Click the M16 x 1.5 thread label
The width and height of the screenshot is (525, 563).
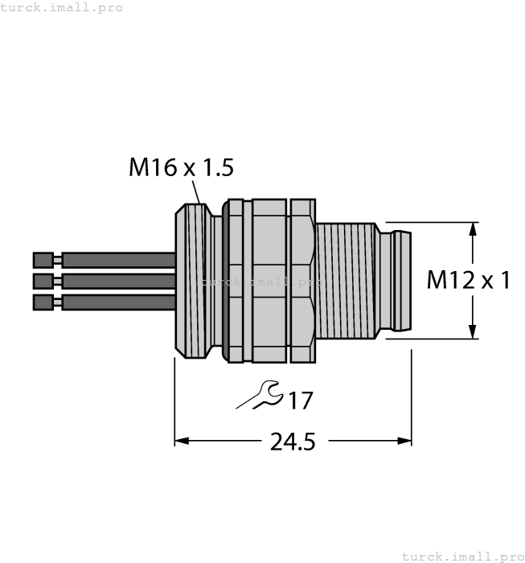pyautogui.click(x=181, y=167)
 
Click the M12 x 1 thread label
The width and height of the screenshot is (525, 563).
pyautogui.click(x=468, y=280)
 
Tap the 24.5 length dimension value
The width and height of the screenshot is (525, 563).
pyautogui.click(x=292, y=442)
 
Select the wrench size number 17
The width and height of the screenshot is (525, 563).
pyautogui.click(x=300, y=400)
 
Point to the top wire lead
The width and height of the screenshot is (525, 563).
pyautogui.click(x=118, y=260)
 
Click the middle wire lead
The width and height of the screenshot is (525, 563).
pyautogui.click(x=118, y=281)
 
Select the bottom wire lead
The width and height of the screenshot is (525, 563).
pyautogui.click(x=118, y=302)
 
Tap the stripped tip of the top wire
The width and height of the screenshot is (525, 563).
pyautogui.click(x=43, y=260)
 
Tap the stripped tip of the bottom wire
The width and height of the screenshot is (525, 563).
pyautogui.click(x=43, y=302)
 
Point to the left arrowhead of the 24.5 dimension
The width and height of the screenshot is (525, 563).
pyautogui.click(x=182, y=441)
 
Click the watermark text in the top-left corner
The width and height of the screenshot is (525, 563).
pyautogui.click(x=62, y=7)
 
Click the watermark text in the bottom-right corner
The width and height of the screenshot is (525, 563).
pyautogui.click(x=461, y=556)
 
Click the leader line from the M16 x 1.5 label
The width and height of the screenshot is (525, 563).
pyautogui.click(x=195, y=191)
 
